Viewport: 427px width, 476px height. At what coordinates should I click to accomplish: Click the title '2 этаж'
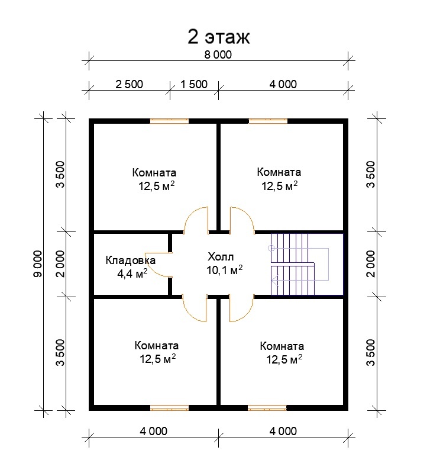pyautogui.click(x=219, y=37)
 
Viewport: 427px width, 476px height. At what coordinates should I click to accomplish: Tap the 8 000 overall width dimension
pyautogui.click(x=218, y=54)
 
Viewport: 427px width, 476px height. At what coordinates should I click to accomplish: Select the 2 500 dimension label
pyautogui.click(x=129, y=84)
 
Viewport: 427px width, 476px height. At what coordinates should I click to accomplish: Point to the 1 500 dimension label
pyautogui.click(x=194, y=84)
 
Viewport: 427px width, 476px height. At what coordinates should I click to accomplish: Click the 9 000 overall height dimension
pyautogui.click(x=38, y=263)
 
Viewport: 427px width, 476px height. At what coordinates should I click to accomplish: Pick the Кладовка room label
pyautogui.click(x=130, y=260)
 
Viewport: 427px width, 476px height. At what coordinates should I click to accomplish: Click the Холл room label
pyautogui.click(x=221, y=257)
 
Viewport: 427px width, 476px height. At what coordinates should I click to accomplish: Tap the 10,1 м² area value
pyautogui.click(x=224, y=269)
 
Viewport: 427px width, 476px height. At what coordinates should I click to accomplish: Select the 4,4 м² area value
pyautogui.click(x=132, y=274)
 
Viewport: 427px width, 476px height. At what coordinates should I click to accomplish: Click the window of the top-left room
pyautogui.click(x=169, y=121)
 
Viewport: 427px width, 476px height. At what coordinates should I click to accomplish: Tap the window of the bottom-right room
pyautogui.click(x=267, y=408)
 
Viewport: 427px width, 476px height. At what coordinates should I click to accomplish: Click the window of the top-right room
pyautogui.click(x=268, y=121)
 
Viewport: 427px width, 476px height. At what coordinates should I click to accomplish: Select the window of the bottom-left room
pyautogui.click(x=169, y=408)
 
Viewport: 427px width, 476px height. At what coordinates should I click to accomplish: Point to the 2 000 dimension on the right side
pyautogui.click(x=371, y=263)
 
